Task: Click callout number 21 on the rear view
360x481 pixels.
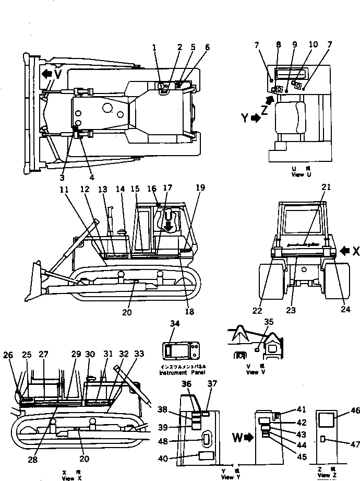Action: pyautogui.click(x=327, y=187)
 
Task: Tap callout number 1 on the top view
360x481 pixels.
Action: pyautogui.click(x=155, y=48)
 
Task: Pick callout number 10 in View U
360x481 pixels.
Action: pyautogui.click(x=313, y=45)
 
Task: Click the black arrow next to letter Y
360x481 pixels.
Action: pyautogui.click(x=256, y=118)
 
